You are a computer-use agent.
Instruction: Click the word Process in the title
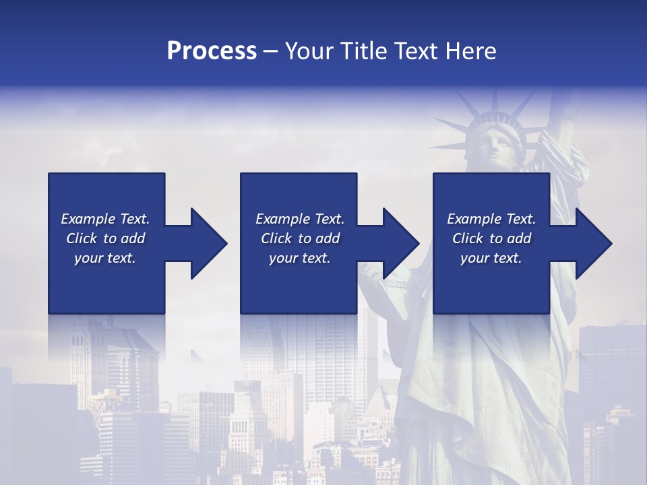(212, 51)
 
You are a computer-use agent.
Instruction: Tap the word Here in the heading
(471, 51)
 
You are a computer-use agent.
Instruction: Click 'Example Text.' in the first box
(105, 219)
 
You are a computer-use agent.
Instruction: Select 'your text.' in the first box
(105, 258)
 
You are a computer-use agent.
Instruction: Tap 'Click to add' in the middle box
(300, 238)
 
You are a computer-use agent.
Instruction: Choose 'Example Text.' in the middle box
(300, 219)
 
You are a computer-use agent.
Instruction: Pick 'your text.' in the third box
(491, 258)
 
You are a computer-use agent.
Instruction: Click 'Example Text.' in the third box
(491, 219)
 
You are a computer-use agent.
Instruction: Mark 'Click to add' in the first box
(105, 238)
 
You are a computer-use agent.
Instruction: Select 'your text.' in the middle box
(300, 258)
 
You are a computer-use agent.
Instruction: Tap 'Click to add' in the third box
(491, 238)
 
